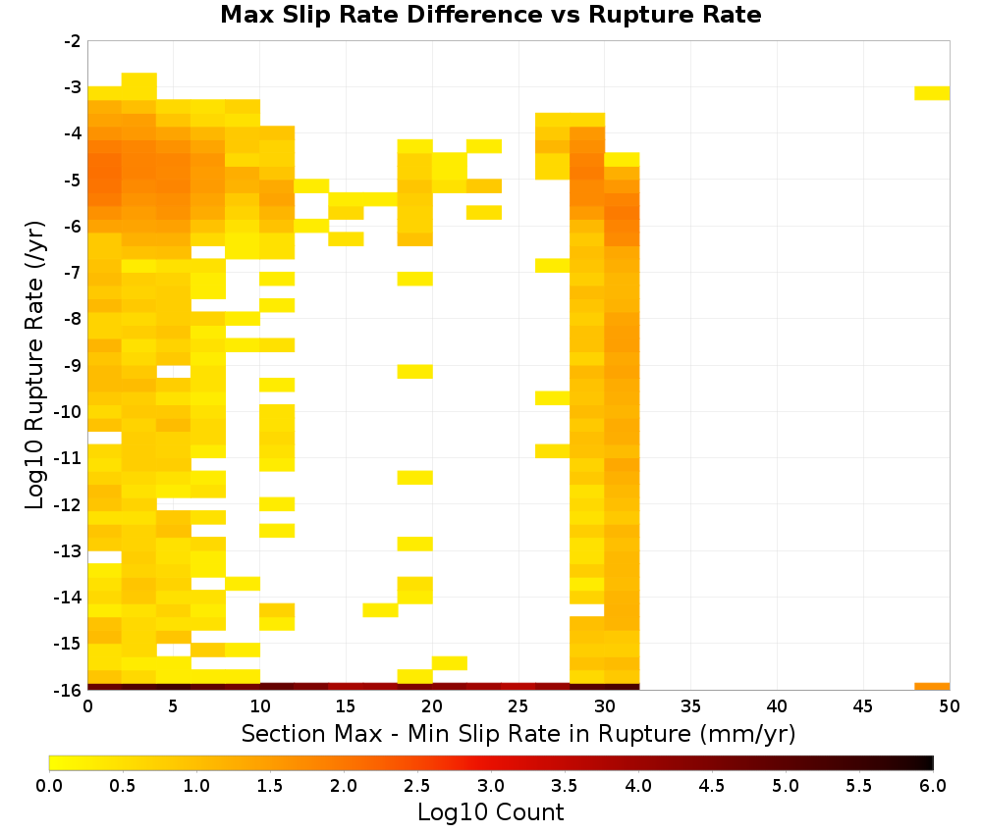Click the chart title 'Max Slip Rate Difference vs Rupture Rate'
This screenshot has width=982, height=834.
point(490,15)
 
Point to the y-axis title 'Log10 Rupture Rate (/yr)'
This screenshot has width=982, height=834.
point(34,365)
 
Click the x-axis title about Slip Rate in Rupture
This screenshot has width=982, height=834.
point(518,733)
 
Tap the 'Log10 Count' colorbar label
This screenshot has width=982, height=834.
point(490,812)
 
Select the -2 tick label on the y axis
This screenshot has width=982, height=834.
point(72,41)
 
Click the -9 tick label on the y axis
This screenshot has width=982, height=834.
point(72,365)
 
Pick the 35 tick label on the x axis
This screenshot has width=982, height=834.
point(690,706)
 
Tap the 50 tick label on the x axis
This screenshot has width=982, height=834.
point(950,706)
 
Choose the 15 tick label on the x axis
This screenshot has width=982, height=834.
point(346,706)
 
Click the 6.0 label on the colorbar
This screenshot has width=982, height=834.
point(933,785)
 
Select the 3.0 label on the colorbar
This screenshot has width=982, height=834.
point(491,785)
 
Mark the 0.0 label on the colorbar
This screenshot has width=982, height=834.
point(49,785)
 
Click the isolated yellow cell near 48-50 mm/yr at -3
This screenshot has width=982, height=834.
point(932,93)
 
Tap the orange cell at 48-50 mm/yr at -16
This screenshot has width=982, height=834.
point(932,687)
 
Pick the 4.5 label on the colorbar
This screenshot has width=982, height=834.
point(711,785)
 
